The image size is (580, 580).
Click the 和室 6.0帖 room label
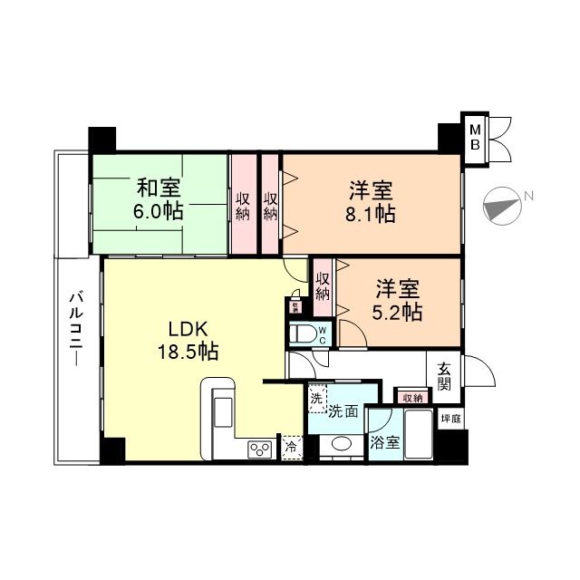coord(159,199)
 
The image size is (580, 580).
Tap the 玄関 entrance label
coord(445,376)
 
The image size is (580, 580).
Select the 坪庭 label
coord(450,419)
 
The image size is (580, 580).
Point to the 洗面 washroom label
coord(343,411)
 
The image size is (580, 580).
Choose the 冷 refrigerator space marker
coord(292,447)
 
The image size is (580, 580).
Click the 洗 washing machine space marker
coord(315,397)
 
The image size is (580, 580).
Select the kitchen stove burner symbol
coord(261,449)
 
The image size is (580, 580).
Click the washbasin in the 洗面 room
coord(341,444)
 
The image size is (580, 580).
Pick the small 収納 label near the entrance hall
coord(411,397)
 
